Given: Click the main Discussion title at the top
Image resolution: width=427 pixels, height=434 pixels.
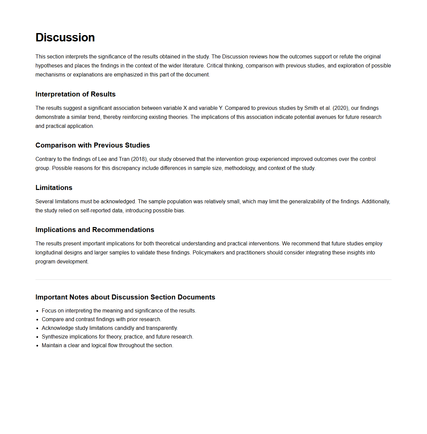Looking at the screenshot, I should pos(65,37).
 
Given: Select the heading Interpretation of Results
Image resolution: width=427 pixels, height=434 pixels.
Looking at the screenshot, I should pos(76,94).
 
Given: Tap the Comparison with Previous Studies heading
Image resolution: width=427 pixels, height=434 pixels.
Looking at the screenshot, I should pos(93,145).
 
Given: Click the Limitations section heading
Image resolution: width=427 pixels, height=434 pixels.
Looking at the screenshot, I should pos(54,188).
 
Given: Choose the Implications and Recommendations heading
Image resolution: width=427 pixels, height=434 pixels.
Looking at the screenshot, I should pos(95,230).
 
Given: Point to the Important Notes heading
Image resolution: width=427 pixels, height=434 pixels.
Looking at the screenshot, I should pos(125,297).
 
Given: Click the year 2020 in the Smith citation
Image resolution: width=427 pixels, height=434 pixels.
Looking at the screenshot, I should pos(340,108).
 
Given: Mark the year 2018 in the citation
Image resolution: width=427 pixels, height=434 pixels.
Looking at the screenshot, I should pos(139,159).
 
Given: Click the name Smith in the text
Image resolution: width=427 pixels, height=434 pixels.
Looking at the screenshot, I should pos(311,108).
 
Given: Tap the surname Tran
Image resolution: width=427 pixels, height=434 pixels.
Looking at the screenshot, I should pos(124,159).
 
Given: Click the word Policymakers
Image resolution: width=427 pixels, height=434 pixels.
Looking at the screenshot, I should pos(208,253).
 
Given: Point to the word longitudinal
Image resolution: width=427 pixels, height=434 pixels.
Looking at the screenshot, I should pos(49,253).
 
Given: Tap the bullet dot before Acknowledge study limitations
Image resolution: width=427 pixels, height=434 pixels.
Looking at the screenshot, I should pos(37,328).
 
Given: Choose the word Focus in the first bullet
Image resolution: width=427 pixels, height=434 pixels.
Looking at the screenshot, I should pos(49,311).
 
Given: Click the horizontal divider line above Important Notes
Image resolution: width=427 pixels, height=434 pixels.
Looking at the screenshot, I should pos(213,279).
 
